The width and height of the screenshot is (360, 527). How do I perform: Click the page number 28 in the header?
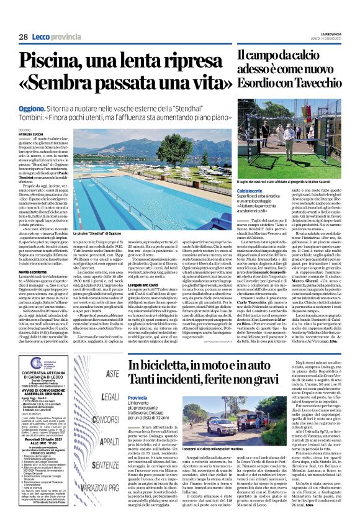pyautogui.click(x=23, y=37)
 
